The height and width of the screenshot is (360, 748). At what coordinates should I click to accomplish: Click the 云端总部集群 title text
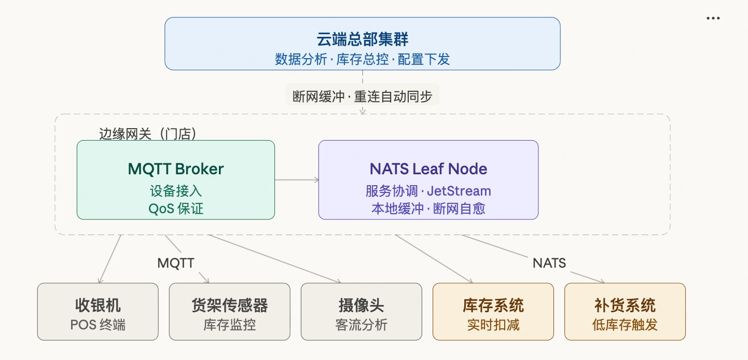tap(362, 40)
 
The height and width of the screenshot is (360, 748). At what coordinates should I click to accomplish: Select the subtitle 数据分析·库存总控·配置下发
tap(362, 59)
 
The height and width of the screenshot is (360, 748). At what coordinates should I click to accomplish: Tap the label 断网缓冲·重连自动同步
tap(362, 96)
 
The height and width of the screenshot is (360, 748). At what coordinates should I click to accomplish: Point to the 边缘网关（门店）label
tap(148, 134)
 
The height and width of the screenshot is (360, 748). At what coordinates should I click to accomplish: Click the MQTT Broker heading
tap(175, 169)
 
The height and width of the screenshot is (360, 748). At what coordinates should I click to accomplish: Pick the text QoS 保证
tap(175, 209)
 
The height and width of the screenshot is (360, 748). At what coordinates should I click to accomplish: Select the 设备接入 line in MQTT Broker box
tap(175, 191)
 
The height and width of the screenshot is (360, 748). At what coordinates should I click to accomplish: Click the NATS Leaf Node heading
tap(428, 169)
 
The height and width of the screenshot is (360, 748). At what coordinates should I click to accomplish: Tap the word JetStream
tap(459, 191)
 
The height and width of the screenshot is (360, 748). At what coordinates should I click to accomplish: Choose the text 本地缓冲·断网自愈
tap(428, 209)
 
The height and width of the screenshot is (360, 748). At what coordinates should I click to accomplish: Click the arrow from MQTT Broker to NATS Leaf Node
tap(296, 180)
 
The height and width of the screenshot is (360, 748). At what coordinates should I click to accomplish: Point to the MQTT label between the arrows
tap(176, 263)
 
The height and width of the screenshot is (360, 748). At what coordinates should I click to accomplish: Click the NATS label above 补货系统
tap(549, 263)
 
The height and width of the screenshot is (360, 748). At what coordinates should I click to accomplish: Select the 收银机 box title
tap(98, 306)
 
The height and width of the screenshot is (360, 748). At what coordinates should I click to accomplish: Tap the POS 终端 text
tap(98, 325)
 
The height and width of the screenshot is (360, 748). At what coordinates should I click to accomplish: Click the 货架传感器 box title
tap(229, 306)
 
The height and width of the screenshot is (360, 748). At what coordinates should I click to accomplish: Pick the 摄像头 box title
tap(361, 306)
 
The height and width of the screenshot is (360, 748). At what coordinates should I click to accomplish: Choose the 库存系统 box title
tap(493, 306)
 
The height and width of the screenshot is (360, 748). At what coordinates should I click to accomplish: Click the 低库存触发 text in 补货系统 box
tap(625, 325)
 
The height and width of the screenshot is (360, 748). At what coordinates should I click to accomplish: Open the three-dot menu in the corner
tap(713, 18)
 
